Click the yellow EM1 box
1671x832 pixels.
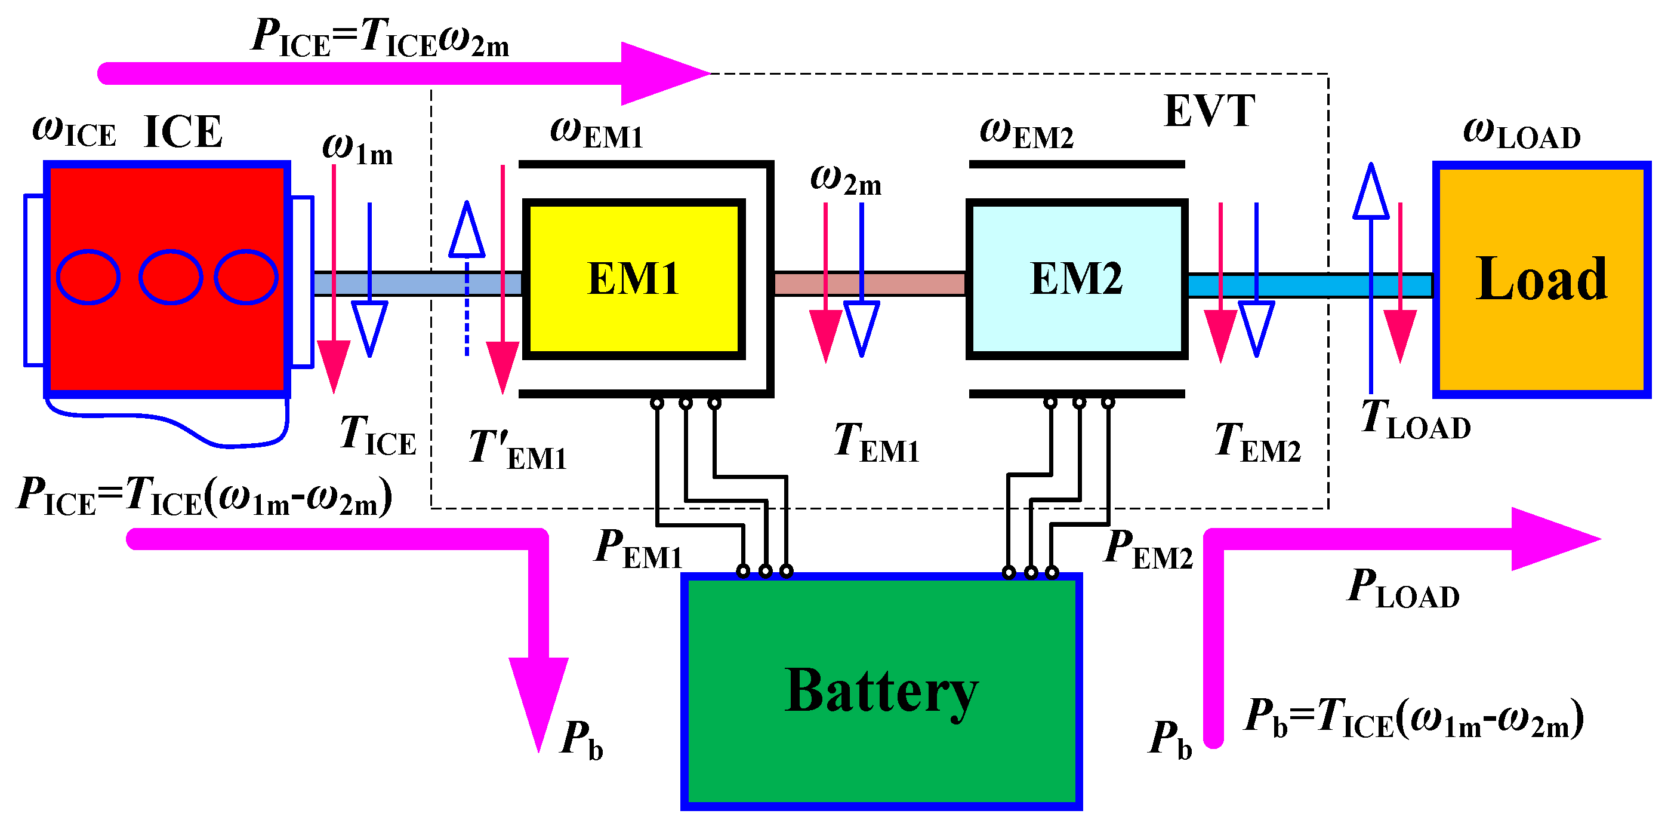[x=633, y=279]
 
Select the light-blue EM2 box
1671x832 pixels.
[x=1077, y=279]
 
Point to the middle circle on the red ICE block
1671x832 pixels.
[x=171, y=277]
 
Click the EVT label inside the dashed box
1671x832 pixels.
[x=1209, y=112]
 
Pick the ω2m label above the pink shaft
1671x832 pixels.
[x=845, y=180]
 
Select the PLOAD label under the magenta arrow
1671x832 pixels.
[x=1402, y=589]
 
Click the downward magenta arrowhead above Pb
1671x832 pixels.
[x=538, y=701]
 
